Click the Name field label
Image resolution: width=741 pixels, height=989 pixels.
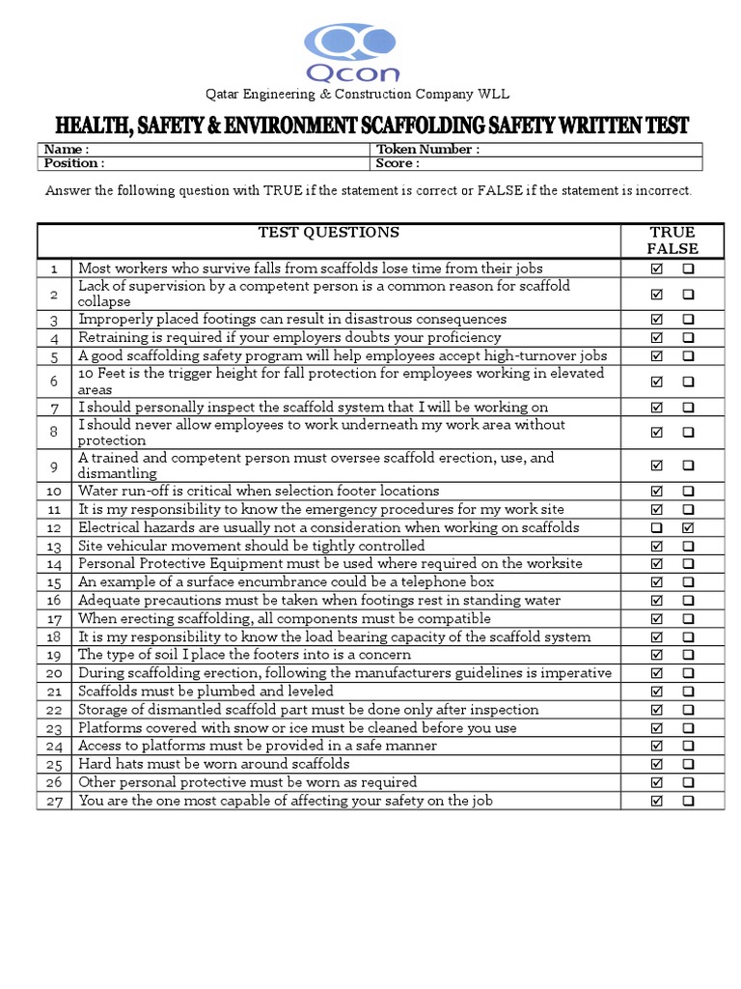(x=67, y=150)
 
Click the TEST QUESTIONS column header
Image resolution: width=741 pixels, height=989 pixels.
(x=328, y=233)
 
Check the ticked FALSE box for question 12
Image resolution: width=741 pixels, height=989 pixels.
(x=688, y=527)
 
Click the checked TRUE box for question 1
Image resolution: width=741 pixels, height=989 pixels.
(x=657, y=268)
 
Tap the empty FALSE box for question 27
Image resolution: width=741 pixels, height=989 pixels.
(x=688, y=801)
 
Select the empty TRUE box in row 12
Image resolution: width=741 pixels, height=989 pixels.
(x=657, y=527)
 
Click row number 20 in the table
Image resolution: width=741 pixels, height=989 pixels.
(x=54, y=673)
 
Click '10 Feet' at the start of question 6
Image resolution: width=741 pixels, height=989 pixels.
(x=101, y=374)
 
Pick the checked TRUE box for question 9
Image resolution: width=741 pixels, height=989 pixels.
(x=657, y=466)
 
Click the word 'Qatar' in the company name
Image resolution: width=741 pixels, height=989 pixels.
(x=221, y=95)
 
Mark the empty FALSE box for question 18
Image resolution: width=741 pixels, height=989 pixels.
(x=688, y=636)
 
